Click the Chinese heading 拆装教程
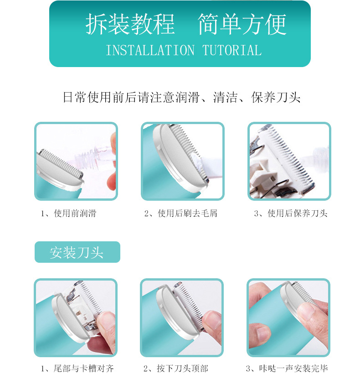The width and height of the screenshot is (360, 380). pyautogui.click(x=130, y=25)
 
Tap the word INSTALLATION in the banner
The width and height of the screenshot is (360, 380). pyautogui.click(x=150, y=50)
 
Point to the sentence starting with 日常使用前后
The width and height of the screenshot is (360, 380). pyautogui.click(x=181, y=98)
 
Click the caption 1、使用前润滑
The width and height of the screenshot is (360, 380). pyautogui.click(x=68, y=213)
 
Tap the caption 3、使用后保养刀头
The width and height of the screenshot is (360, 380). pyautogui.click(x=290, y=213)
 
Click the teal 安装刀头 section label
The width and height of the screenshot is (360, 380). pyautogui.click(x=77, y=252)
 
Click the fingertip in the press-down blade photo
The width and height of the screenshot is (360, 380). pyautogui.click(x=211, y=322)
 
